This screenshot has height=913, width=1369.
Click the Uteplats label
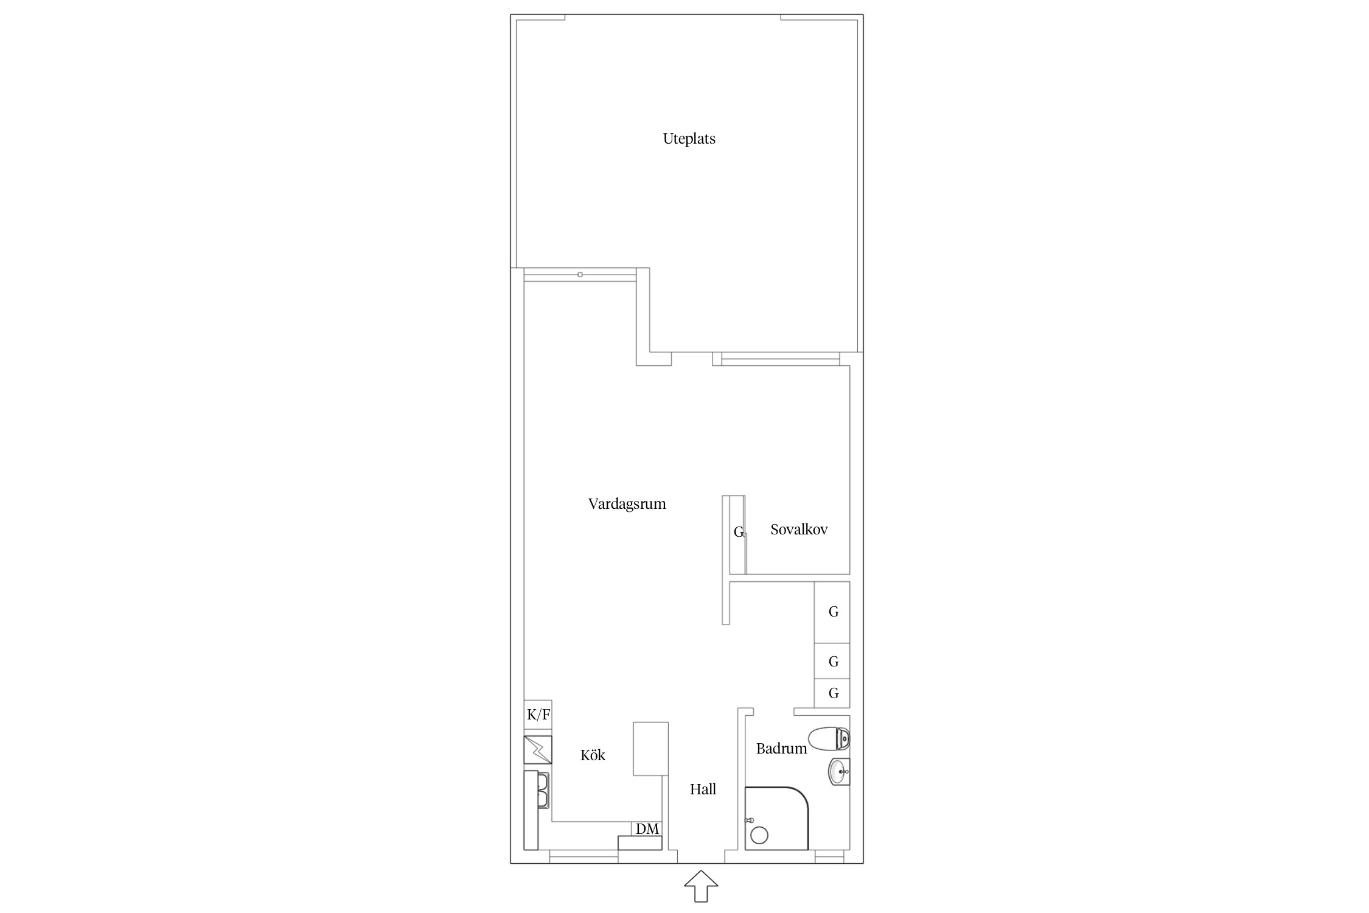pos(689,139)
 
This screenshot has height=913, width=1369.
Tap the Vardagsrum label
pos(627,504)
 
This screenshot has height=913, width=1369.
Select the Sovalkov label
pos(799,530)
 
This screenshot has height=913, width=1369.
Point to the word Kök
pos(593,755)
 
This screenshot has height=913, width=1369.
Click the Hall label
pos(703,789)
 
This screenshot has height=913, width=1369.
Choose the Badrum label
pos(781,749)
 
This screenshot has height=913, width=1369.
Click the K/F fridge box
pos(538,715)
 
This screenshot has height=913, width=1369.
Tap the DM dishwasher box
pos(647,829)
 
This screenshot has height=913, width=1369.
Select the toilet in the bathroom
pos(829,738)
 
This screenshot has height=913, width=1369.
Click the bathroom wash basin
pos(839,772)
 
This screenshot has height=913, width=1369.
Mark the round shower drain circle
pos(759,835)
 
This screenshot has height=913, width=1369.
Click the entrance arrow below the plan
pos(701,886)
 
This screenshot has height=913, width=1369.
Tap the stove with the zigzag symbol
pos(538,750)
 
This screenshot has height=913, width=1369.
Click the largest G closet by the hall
pos(832,612)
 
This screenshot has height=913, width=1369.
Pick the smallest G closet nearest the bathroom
pos(832,693)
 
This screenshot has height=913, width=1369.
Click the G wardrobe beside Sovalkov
pos(737,534)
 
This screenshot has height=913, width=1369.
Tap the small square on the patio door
pos(580,275)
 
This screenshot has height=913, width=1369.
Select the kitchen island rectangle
pos(650,749)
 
